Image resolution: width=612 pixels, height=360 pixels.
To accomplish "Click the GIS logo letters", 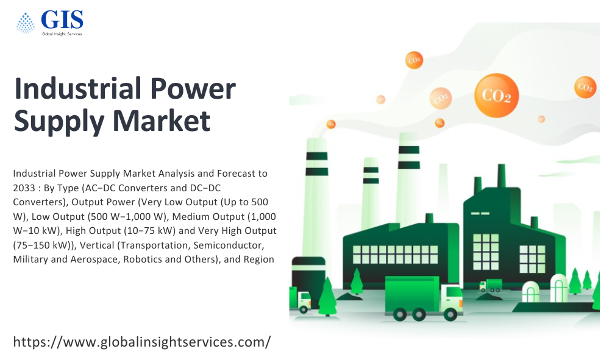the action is coord(62,19).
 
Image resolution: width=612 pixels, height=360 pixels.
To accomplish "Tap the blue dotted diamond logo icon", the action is coord(26,23).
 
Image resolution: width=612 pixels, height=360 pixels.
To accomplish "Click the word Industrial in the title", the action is coord(77,88).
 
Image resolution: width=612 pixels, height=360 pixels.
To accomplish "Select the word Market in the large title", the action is coord(162,121).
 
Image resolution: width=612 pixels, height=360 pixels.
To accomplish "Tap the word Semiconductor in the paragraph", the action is coord(229,245).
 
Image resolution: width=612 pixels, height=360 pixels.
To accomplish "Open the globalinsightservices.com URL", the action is coord(141,342).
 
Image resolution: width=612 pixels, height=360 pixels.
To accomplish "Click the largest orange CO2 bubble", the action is coord(496,95).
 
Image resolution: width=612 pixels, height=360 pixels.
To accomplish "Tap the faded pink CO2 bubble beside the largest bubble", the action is coord(441,98).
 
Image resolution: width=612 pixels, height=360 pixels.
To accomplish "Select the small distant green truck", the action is coord(491,286).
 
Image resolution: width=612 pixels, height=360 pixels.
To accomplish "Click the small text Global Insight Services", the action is coord(62,34).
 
